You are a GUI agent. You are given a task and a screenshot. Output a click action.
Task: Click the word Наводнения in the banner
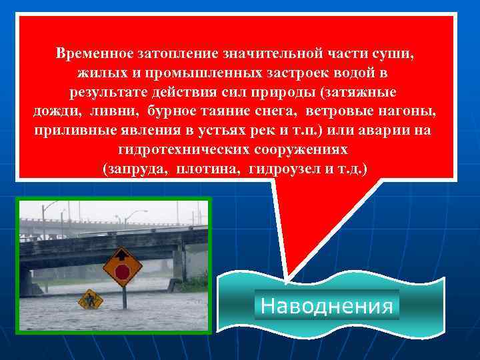point(327,306)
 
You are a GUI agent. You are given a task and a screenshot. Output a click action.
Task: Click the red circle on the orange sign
point(122,271)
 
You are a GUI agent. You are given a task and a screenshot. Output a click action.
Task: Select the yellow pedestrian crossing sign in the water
point(89,300)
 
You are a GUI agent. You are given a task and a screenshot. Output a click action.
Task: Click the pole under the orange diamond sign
point(123,297)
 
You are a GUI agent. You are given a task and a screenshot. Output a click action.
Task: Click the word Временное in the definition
point(95,52)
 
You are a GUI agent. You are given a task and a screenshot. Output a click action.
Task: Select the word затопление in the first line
point(171,52)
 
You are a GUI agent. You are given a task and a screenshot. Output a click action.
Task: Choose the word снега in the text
point(271,110)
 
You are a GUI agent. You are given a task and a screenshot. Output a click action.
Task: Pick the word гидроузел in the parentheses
point(280,168)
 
